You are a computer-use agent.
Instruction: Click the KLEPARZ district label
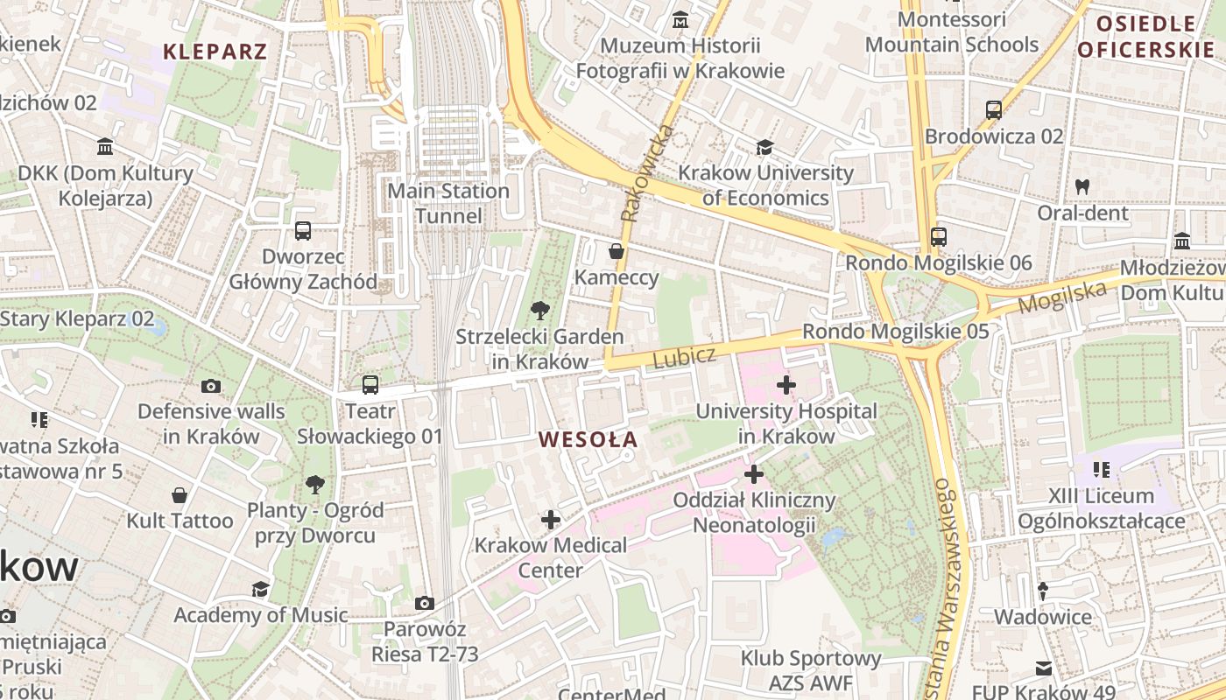(215, 52)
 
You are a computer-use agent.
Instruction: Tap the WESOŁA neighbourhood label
(588, 440)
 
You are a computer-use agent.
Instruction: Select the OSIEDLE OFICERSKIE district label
(1145, 37)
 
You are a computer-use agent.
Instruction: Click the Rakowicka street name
(648, 172)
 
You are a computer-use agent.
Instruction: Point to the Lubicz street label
(684, 357)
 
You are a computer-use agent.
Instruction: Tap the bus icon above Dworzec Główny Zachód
(303, 231)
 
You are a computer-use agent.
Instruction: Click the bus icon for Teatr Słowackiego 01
(370, 385)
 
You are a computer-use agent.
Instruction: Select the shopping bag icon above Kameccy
(617, 252)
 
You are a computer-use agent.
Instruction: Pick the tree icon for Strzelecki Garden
(540, 310)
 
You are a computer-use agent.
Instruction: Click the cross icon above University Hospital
(786, 384)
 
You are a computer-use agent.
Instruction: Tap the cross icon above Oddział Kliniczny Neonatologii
(754, 474)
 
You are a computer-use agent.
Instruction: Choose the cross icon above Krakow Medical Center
(550, 520)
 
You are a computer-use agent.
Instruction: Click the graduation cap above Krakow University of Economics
(765, 147)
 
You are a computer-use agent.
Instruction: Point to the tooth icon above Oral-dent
(1082, 186)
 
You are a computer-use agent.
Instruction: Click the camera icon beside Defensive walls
(211, 386)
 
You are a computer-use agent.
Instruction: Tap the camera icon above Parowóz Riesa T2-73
(425, 603)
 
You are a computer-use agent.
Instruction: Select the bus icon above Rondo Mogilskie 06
(939, 236)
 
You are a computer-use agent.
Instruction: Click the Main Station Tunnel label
(448, 203)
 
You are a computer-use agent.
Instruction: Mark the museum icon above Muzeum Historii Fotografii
(680, 19)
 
